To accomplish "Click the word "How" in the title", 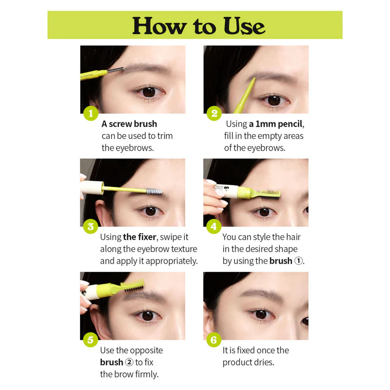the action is coord(160,26).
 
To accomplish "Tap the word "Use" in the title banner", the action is coord(245,26).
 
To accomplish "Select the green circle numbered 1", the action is coord(91,114).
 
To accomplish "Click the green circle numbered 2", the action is coord(214,114).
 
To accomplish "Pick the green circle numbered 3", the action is coord(91,226).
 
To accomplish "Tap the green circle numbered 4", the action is coord(214,226).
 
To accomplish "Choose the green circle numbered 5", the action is coord(91,340).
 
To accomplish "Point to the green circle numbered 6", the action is coord(214,340).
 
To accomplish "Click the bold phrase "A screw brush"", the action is coord(129,124).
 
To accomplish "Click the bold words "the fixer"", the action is coord(139,237).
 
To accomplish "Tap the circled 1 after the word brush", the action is coord(298,261).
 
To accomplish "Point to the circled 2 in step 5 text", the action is coord(129,362).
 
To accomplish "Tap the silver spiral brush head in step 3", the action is coord(155,191).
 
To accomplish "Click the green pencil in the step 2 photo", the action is coord(245,96).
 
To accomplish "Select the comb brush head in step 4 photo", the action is coord(270,194).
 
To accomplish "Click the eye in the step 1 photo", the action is coord(149,92).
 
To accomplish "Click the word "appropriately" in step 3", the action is coord(171,261).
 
